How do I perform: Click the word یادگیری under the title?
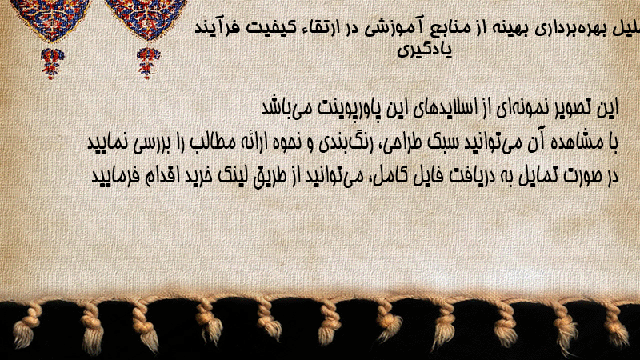pyautogui.click(x=425, y=50)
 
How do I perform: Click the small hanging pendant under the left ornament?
pyautogui.click(x=52, y=63)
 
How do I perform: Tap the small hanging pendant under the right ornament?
pyautogui.click(x=148, y=63)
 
